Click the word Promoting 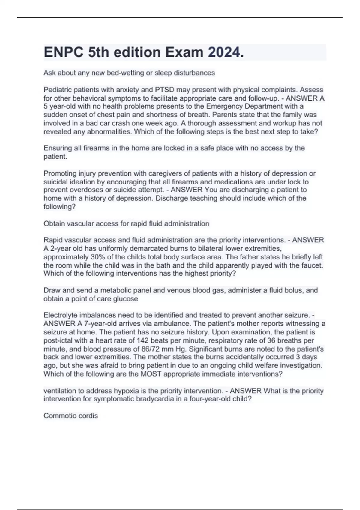60,173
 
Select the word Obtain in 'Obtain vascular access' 54,223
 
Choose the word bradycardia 158,399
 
